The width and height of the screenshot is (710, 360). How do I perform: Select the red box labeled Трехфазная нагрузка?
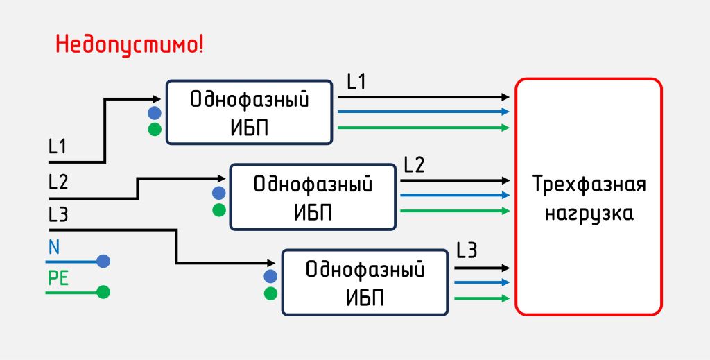[589, 197]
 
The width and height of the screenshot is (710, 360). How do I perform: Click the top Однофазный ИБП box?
[249, 112]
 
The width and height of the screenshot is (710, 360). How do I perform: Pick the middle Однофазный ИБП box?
[312, 197]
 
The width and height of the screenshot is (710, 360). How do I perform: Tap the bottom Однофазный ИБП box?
[365, 282]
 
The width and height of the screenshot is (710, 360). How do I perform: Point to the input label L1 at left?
[58, 147]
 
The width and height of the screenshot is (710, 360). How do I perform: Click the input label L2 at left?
[58, 182]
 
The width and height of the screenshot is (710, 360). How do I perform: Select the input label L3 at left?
[58, 216]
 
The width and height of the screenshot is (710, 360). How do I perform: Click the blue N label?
[54, 247]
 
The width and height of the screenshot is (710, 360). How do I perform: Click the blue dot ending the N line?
[103, 262]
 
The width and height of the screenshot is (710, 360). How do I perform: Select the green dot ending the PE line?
[103, 292]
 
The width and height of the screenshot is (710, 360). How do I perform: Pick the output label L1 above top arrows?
[356, 83]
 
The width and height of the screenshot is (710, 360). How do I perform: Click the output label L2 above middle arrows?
[414, 165]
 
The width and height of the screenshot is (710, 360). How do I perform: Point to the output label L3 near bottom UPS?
[467, 250]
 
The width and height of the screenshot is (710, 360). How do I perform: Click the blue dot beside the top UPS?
[155, 112]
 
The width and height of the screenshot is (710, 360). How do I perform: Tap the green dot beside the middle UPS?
[219, 209]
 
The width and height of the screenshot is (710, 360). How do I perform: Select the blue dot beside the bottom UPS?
[271, 277]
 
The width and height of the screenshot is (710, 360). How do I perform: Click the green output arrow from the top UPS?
[423, 128]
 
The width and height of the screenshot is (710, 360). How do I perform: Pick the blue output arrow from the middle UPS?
[454, 195]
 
